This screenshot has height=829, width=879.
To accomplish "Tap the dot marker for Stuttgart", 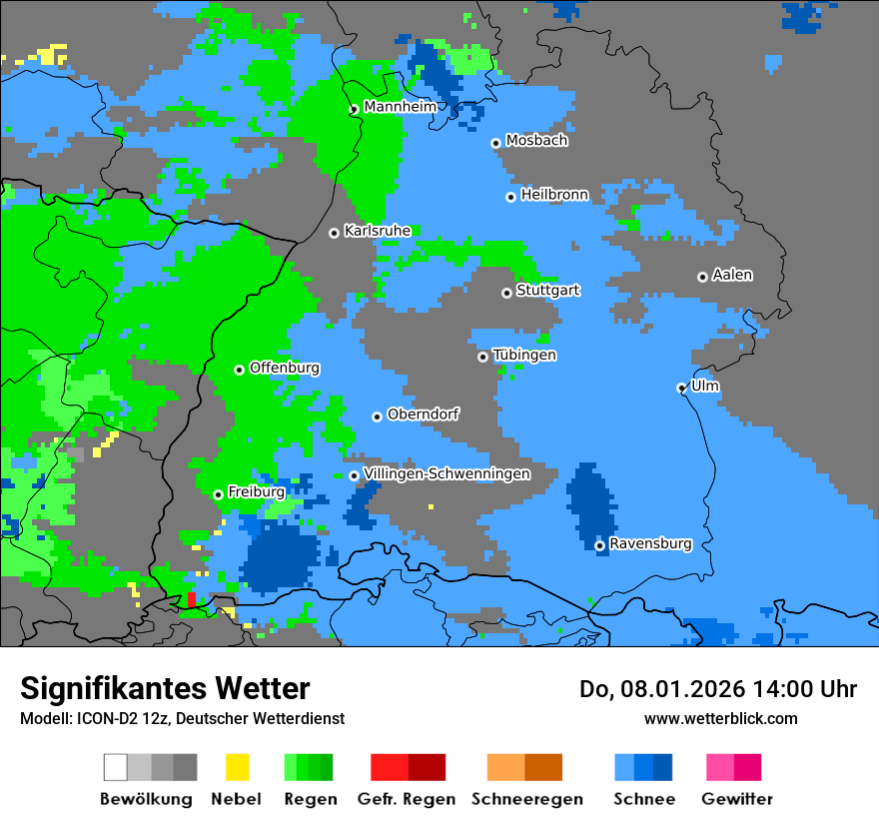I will point(506,293).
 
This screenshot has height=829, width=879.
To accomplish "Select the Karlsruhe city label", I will point(377,231).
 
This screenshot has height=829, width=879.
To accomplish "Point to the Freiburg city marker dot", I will point(218,494).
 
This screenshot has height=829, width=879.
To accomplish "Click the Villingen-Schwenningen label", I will point(446,474).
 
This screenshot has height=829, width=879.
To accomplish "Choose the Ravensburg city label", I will point(650,544).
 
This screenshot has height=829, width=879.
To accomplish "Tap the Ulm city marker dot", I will point(681,389).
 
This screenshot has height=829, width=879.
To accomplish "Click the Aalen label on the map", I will point(732,275).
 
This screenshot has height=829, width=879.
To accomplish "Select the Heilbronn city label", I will point(554,195).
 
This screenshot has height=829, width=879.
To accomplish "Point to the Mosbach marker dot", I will point(495,143).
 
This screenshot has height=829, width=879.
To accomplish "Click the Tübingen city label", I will point(524,356).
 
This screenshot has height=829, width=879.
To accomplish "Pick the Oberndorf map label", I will point(423,414).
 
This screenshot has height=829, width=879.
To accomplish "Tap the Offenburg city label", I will point(285,368).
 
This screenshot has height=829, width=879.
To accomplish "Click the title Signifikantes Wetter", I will point(165,688).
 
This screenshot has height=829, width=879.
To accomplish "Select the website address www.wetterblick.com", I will point(720,718).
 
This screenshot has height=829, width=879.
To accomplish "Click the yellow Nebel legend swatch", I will point(237,767).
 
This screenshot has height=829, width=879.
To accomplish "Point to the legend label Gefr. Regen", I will point(407,799).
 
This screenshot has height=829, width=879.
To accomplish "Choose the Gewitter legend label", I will point(736,799).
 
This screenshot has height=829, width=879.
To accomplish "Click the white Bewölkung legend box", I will point(116,767).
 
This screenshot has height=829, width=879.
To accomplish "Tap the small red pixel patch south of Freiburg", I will point(191,599).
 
